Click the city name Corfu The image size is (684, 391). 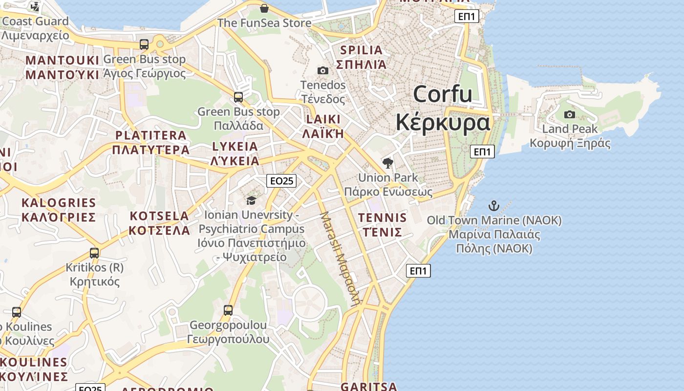(x=443, y=94)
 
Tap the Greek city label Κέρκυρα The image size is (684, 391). (x=443, y=122)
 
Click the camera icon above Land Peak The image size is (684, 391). (x=570, y=115)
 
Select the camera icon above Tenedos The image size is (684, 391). (x=322, y=71)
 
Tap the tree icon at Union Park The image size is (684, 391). (x=388, y=163)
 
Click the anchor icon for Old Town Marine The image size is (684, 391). (x=494, y=206)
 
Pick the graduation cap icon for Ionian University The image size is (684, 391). (x=251, y=200)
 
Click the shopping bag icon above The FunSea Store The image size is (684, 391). (x=264, y=8)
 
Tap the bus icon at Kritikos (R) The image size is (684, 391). (x=94, y=253)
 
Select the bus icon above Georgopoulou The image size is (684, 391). (x=228, y=310)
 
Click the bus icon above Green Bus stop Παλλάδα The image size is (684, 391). (x=238, y=97)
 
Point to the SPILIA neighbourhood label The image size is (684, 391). (x=362, y=50)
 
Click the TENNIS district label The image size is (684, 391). (x=382, y=217)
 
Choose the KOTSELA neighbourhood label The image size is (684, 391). (x=159, y=216)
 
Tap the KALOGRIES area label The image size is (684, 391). (x=59, y=202)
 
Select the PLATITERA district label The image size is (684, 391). (x=151, y=135)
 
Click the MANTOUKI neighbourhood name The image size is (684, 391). (x=62, y=60)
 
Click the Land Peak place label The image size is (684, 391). (x=570, y=129)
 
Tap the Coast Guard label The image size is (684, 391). (x=35, y=22)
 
